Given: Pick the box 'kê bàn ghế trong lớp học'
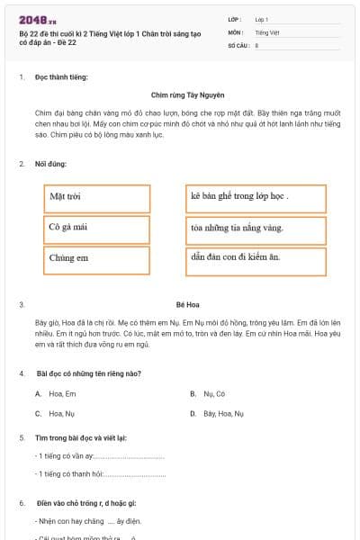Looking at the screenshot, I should [x=256, y=197].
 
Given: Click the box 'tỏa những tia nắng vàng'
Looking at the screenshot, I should [x=256, y=228].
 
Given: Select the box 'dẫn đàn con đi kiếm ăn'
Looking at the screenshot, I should [x=256, y=258].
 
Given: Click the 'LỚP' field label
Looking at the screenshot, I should [x=235, y=18].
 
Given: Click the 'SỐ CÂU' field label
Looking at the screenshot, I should [x=238, y=44].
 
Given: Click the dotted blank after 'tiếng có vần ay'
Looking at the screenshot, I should [x=130, y=456].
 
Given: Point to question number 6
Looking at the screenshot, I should [x=22, y=502].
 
